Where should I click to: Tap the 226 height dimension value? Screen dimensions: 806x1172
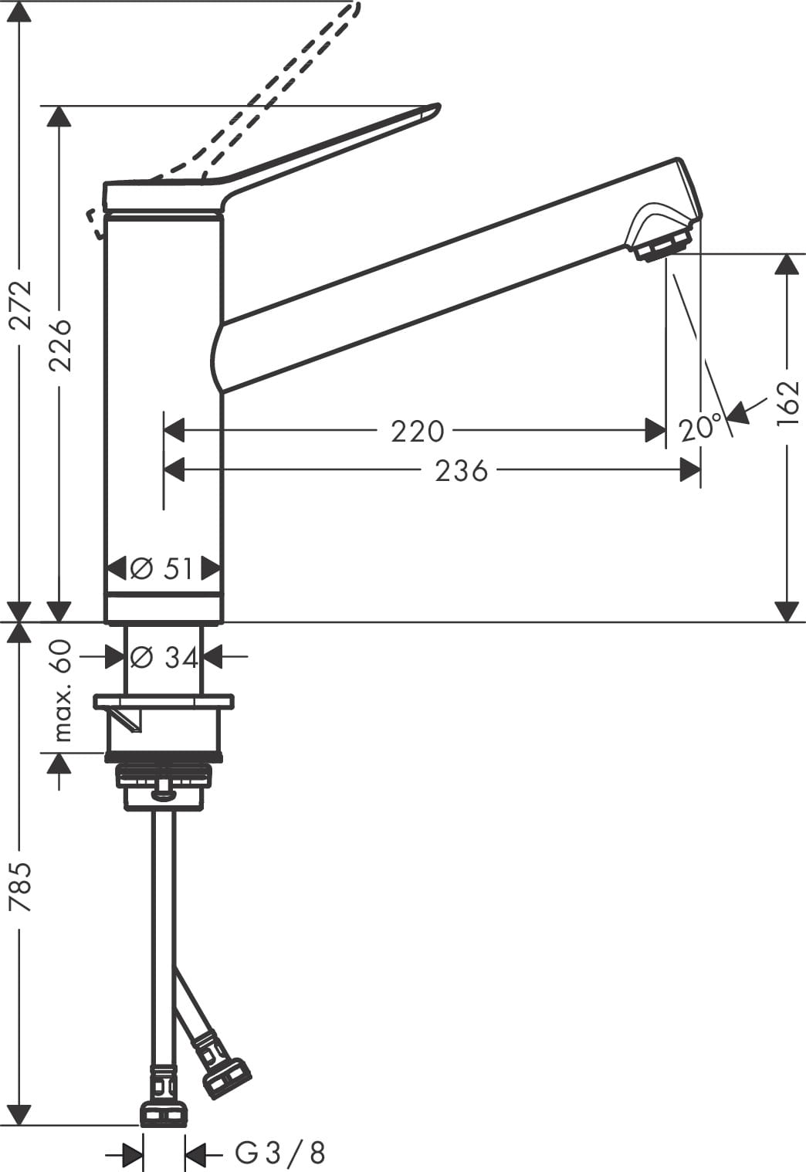(59, 345)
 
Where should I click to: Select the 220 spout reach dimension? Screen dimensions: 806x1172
(418, 432)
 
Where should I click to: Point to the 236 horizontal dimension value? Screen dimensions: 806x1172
(462, 471)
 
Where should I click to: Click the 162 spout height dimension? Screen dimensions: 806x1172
(788, 403)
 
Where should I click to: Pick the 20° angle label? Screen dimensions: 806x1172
(700, 428)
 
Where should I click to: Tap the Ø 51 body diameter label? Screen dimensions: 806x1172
(162, 569)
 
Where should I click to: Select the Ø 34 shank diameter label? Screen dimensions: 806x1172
(164, 658)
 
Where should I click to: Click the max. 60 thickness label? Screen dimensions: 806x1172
(62, 690)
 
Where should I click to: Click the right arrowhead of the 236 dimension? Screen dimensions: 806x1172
(690, 470)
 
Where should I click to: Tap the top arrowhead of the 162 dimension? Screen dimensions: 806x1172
(787, 264)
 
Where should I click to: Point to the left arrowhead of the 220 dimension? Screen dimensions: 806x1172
(174, 431)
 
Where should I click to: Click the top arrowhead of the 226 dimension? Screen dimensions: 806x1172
(59, 116)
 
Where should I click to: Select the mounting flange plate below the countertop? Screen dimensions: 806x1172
(164, 702)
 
